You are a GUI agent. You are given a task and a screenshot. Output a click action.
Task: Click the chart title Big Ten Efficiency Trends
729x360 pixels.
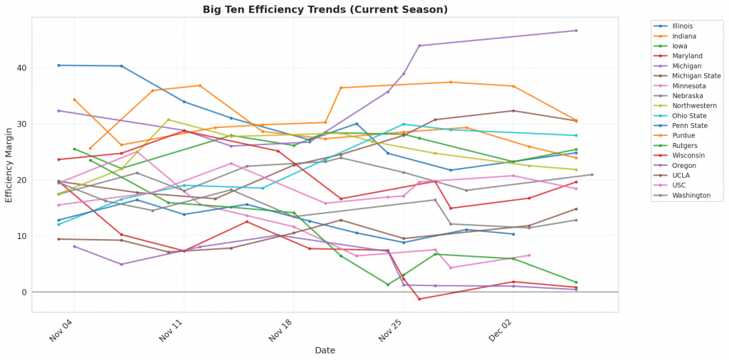[x=325, y=9]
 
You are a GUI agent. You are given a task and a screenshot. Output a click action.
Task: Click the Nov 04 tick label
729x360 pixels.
[x=62, y=330]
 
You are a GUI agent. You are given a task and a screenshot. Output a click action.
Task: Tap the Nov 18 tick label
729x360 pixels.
[x=282, y=330]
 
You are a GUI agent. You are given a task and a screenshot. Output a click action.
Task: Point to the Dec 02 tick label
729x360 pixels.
[x=501, y=330]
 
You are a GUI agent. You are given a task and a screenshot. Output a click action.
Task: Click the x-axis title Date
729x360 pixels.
[x=325, y=350]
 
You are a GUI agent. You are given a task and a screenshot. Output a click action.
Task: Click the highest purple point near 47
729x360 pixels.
[x=576, y=31]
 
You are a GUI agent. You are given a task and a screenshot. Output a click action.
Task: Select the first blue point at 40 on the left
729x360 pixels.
[x=58, y=65]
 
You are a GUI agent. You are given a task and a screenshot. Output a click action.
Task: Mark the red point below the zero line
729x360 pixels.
[x=419, y=299]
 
